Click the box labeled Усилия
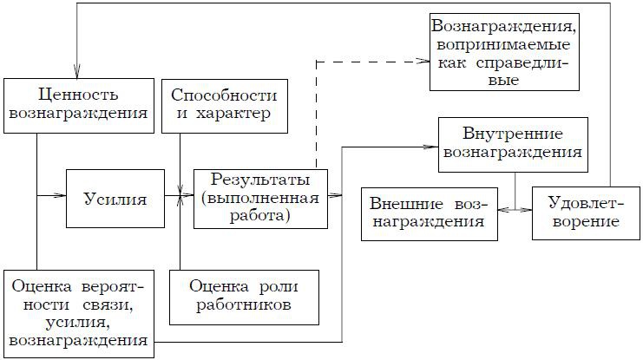(115, 199)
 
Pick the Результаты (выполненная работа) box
(261, 199)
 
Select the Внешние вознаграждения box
(428, 212)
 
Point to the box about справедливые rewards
(504, 51)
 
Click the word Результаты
(261, 181)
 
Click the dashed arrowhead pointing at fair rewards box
(424, 62)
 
